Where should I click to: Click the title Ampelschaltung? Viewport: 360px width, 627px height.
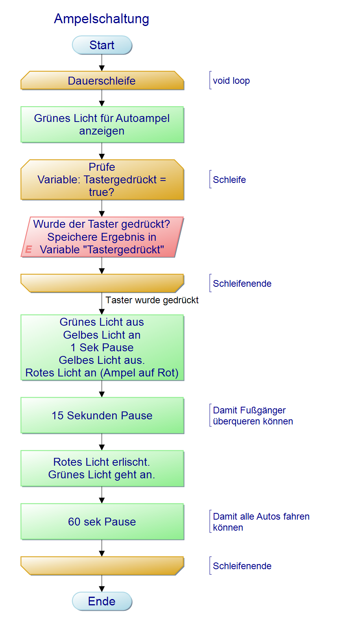(x=102, y=19)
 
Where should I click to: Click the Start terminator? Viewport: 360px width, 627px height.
(x=102, y=45)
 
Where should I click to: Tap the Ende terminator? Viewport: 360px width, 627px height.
(x=102, y=601)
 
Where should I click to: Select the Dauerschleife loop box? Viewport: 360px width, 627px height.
(x=102, y=81)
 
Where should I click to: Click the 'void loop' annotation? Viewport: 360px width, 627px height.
(x=231, y=81)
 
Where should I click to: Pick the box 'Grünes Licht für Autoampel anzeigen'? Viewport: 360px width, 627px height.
(x=102, y=124)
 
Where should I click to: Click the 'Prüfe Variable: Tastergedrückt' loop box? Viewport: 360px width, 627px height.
(x=102, y=180)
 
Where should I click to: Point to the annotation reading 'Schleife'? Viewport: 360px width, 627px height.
(x=229, y=180)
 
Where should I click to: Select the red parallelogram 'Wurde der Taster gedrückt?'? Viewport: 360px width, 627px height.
(x=102, y=237)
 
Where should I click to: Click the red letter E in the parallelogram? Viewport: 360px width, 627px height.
(x=29, y=249)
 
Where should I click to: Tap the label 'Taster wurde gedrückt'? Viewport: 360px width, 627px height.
(x=152, y=300)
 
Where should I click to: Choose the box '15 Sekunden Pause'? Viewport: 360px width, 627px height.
(x=102, y=415)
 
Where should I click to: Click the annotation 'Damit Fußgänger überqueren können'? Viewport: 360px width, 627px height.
(x=253, y=416)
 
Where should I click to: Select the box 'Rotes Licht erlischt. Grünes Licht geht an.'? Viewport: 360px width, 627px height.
(x=102, y=468)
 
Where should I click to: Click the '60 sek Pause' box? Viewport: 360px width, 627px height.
(x=102, y=522)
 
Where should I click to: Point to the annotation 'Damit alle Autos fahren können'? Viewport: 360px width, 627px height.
(x=261, y=522)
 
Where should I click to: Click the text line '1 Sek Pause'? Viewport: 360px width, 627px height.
(x=102, y=347)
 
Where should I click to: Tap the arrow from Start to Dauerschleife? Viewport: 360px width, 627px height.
(x=102, y=63)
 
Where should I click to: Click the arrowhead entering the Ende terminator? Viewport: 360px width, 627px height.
(x=102, y=589)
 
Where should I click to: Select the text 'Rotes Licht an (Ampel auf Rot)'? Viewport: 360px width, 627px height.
(x=102, y=373)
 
